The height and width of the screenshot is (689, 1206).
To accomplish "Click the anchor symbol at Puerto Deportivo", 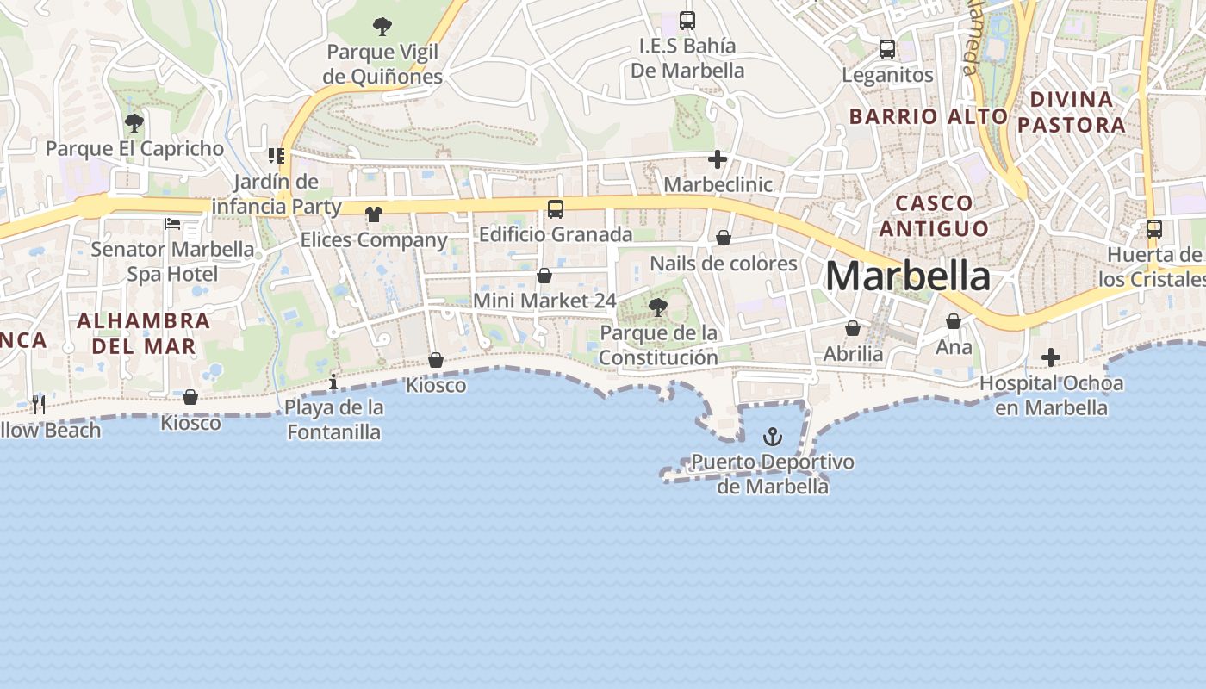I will click(773, 437).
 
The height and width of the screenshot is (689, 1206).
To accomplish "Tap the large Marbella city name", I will click(908, 276).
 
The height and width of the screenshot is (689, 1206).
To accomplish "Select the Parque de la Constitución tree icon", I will click(658, 307).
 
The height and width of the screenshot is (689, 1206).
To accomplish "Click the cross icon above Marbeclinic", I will click(718, 159).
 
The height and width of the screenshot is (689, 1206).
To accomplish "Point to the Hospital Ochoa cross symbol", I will click(1051, 357).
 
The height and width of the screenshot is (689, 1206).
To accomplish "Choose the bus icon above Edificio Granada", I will click(556, 208).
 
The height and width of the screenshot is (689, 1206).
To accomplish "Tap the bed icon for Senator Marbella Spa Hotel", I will click(172, 224).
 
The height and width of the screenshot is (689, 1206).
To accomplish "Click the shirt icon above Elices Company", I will click(374, 214).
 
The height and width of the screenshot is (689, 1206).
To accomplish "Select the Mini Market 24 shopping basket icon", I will click(544, 276).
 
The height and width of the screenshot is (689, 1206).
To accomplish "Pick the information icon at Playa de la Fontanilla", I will click(334, 382).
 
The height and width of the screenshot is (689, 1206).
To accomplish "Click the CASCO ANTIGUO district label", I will click(934, 215).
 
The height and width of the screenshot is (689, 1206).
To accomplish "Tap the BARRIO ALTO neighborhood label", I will click(929, 116).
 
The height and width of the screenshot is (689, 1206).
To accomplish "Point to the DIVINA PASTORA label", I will click(1071, 112).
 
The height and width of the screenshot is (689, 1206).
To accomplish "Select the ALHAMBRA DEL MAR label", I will click(143, 333).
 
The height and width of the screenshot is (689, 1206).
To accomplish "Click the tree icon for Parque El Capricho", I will click(134, 123).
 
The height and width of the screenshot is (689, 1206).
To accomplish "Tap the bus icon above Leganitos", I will click(887, 49).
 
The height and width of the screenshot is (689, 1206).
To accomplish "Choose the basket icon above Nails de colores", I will click(724, 238).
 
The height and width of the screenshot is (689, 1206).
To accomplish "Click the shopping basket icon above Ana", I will click(954, 322).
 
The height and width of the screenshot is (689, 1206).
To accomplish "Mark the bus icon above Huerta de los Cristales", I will click(1154, 229).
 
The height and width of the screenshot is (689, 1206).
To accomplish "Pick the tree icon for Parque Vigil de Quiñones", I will click(382, 27).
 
